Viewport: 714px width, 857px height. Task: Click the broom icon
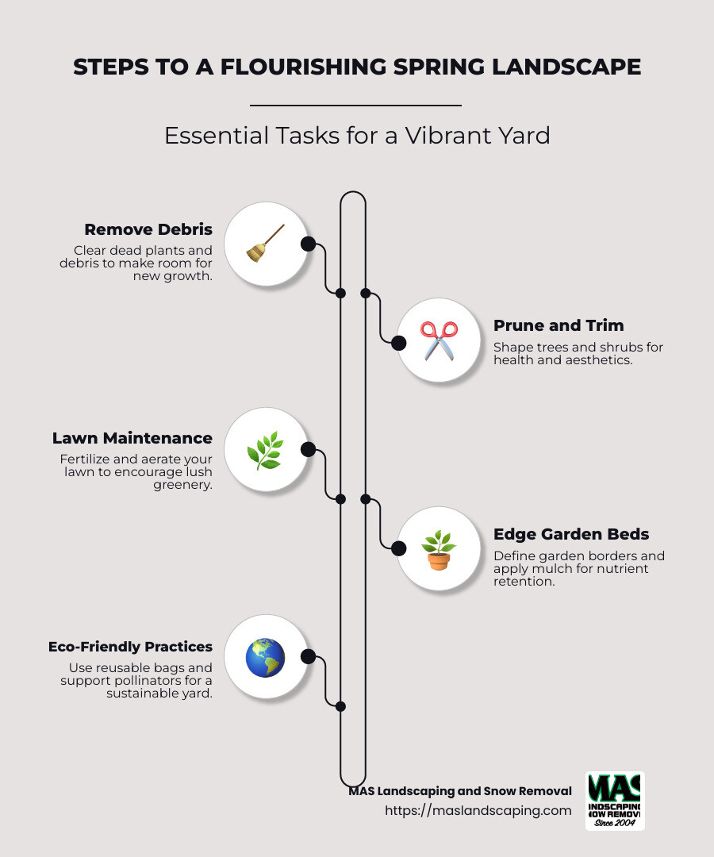pyautogui.click(x=265, y=243)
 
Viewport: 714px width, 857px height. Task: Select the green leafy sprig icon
pyautogui.click(x=265, y=450)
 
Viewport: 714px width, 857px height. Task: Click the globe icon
pyautogui.click(x=265, y=657)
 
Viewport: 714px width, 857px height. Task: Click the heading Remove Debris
pyautogui.click(x=148, y=229)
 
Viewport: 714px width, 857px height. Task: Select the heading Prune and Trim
pyautogui.click(x=559, y=325)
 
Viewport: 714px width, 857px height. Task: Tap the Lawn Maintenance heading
pyautogui.click(x=132, y=438)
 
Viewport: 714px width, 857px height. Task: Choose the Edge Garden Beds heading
pyautogui.click(x=571, y=534)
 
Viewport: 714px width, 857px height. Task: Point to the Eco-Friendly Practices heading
pyautogui.click(x=130, y=647)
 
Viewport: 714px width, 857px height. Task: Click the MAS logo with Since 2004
pyautogui.click(x=615, y=801)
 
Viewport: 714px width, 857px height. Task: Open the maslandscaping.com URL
pyautogui.click(x=478, y=810)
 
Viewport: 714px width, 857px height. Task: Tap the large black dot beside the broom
pyautogui.click(x=308, y=244)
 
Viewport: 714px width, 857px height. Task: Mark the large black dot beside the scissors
pyautogui.click(x=398, y=343)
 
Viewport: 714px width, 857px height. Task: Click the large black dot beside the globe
pyautogui.click(x=308, y=657)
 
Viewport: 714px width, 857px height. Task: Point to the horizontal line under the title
pyautogui.click(x=355, y=105)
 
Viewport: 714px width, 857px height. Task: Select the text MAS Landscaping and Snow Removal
pyautogui.click(x=460, y=791)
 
